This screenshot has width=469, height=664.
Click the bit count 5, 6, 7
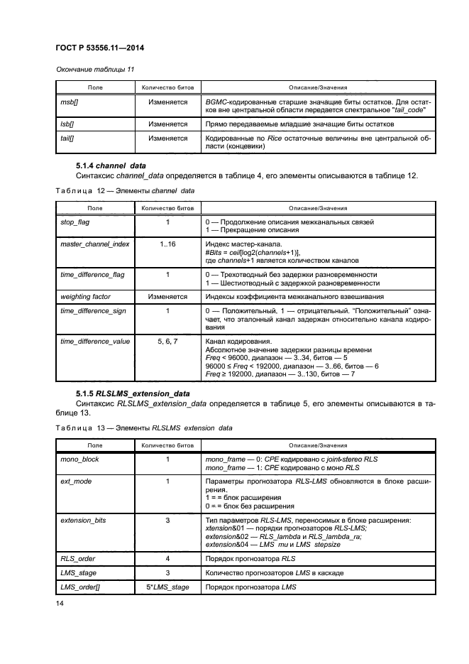[167, 341]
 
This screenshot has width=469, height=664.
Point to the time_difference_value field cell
[95, 341]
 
